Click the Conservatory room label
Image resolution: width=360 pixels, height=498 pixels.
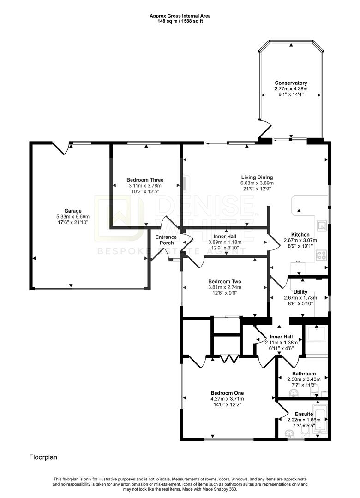[291, 83]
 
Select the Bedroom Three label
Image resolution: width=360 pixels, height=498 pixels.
[145, 180]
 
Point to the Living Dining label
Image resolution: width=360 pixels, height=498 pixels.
[257, 177]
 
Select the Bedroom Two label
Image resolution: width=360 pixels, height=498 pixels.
[225, 281]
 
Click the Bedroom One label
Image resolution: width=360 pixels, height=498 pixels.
[227, 393]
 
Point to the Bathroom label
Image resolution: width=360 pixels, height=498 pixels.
[304, 373]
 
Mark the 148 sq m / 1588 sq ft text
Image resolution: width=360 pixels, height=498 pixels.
[180, 20]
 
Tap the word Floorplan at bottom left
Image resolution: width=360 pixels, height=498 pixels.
[43, 457]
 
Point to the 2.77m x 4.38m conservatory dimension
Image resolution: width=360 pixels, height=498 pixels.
[291, 89]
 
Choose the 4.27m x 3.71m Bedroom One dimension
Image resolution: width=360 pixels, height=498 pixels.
[227, 398]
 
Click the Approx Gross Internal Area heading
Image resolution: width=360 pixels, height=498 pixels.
[180, 15]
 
